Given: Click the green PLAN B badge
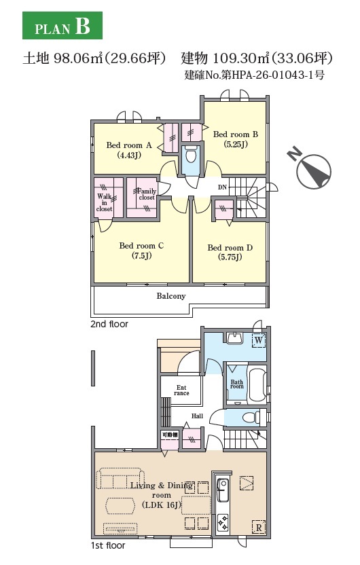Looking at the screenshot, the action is coord(62,25).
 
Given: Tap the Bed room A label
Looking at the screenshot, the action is coord(128,150).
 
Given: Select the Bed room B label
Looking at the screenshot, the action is coord(235,139).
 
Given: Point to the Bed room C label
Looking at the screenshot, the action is coord(141,251).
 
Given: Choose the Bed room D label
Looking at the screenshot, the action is coord(230,252).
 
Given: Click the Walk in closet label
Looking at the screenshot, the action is coord(104,202).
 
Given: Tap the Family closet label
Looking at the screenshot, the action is coord(147,194).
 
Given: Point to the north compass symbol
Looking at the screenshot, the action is coord(311,168).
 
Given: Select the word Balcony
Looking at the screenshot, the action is coord(170,296).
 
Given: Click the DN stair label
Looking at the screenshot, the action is coord(222,187).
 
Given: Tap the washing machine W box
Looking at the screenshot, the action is coord(259,340).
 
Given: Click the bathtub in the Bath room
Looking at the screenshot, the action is coord(256,384).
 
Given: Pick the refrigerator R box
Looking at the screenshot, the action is coord(258,527).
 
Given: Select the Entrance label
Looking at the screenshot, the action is coord(181,390).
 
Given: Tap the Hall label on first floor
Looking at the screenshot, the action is coord(197,416).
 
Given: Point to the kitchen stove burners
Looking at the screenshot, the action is coord(223,522).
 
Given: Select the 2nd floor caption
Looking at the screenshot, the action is coord(109,324).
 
